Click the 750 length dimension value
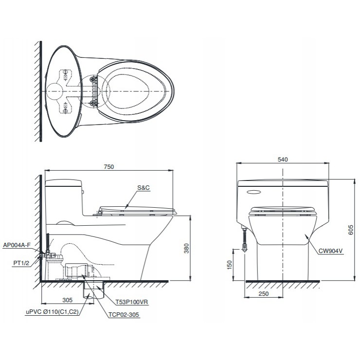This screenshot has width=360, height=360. pyautogui.click(x=108, y=166)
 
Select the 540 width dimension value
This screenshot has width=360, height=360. pyautogui.click(x=283, y=159)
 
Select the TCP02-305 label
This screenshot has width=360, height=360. pyautogui.click(x=124, y=315)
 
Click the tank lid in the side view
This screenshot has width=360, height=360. pyautogui.click(x=64, y=183)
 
